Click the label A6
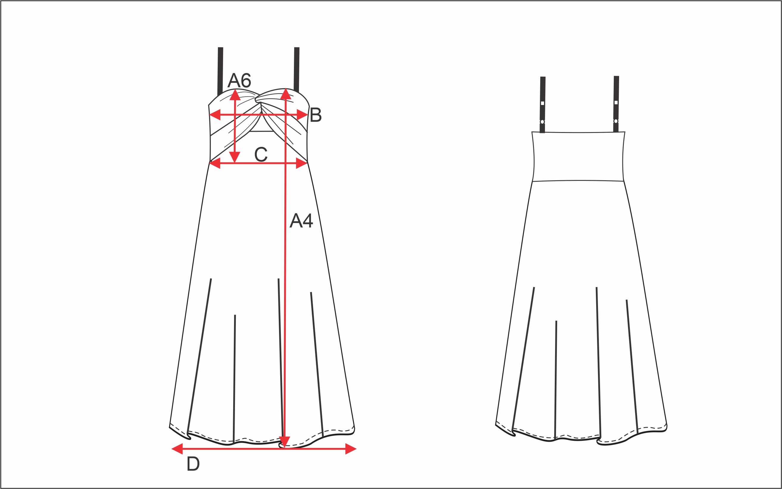239,80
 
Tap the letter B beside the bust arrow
316,115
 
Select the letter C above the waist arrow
261,154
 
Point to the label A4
301,221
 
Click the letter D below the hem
193,464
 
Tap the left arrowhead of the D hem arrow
177,449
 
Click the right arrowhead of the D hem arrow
351,449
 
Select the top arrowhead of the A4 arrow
286,94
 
